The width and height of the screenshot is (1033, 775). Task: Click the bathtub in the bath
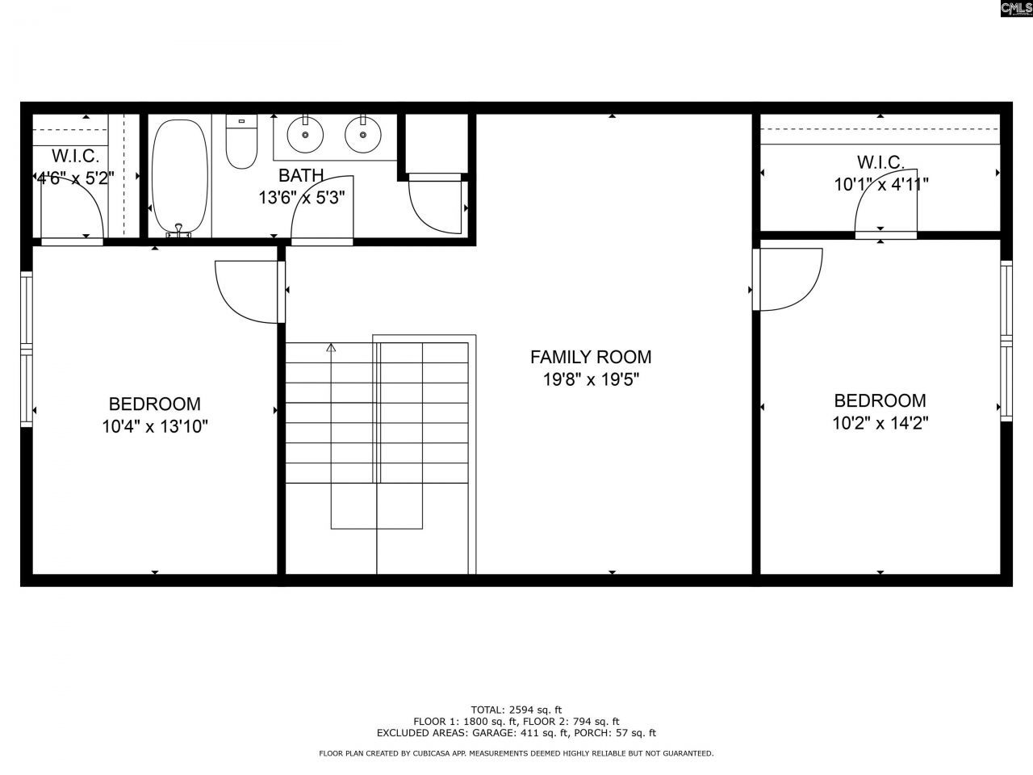[180, 176]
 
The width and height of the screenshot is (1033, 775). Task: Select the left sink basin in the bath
[305, 134]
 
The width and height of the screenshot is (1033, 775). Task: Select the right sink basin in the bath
[363, 134]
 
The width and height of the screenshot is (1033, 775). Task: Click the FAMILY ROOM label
[590, 357]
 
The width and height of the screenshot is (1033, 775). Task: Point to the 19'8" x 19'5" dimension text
[590, 379]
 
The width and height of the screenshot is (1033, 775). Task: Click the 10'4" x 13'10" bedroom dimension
[155, 426]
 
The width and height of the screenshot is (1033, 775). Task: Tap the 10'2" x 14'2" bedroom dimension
[880, 423]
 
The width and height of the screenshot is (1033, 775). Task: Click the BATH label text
[301, 175]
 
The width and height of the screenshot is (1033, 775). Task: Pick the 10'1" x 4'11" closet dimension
[880, 184]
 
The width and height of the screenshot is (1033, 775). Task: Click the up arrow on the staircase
[331, 349]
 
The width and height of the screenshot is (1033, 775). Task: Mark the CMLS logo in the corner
[1015, 9]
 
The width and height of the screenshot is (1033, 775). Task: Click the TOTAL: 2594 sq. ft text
[516, 710]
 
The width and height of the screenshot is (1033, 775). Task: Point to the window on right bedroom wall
[1006, 340]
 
